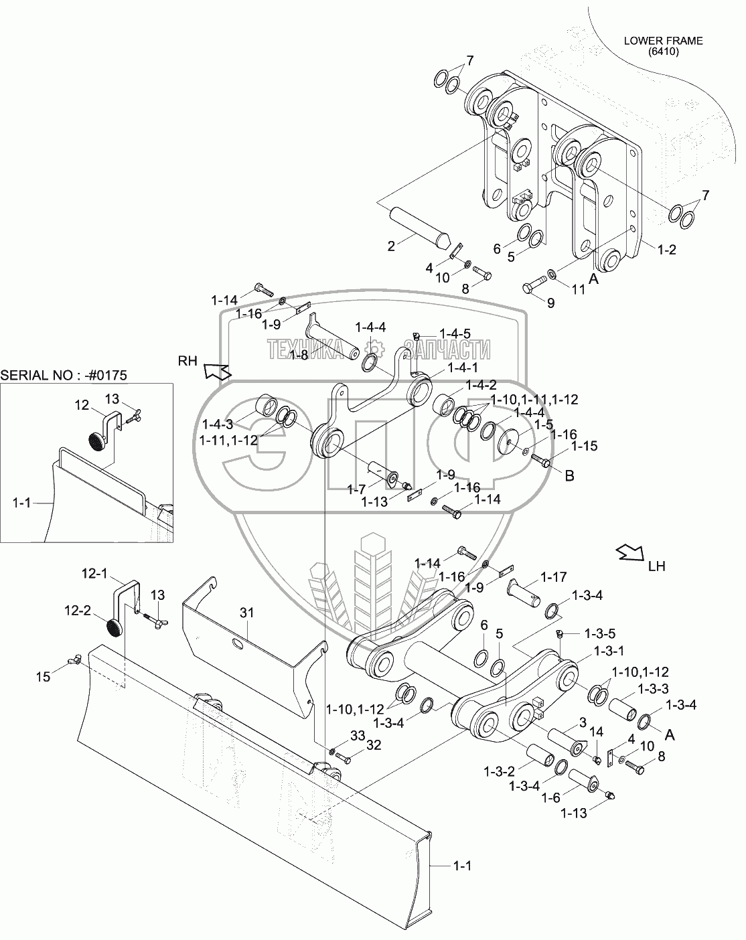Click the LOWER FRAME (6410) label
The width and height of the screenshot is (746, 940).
coord(663,46)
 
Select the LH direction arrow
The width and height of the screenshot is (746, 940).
coord(629,552)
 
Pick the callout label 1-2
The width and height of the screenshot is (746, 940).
coord(667,250)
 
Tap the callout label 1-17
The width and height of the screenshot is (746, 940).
coord(554,576)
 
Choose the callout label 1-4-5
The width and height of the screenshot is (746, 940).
coord(454,333)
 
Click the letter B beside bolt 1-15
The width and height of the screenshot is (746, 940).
coord(569,476)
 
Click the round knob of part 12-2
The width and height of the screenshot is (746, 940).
coord(116,629)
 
